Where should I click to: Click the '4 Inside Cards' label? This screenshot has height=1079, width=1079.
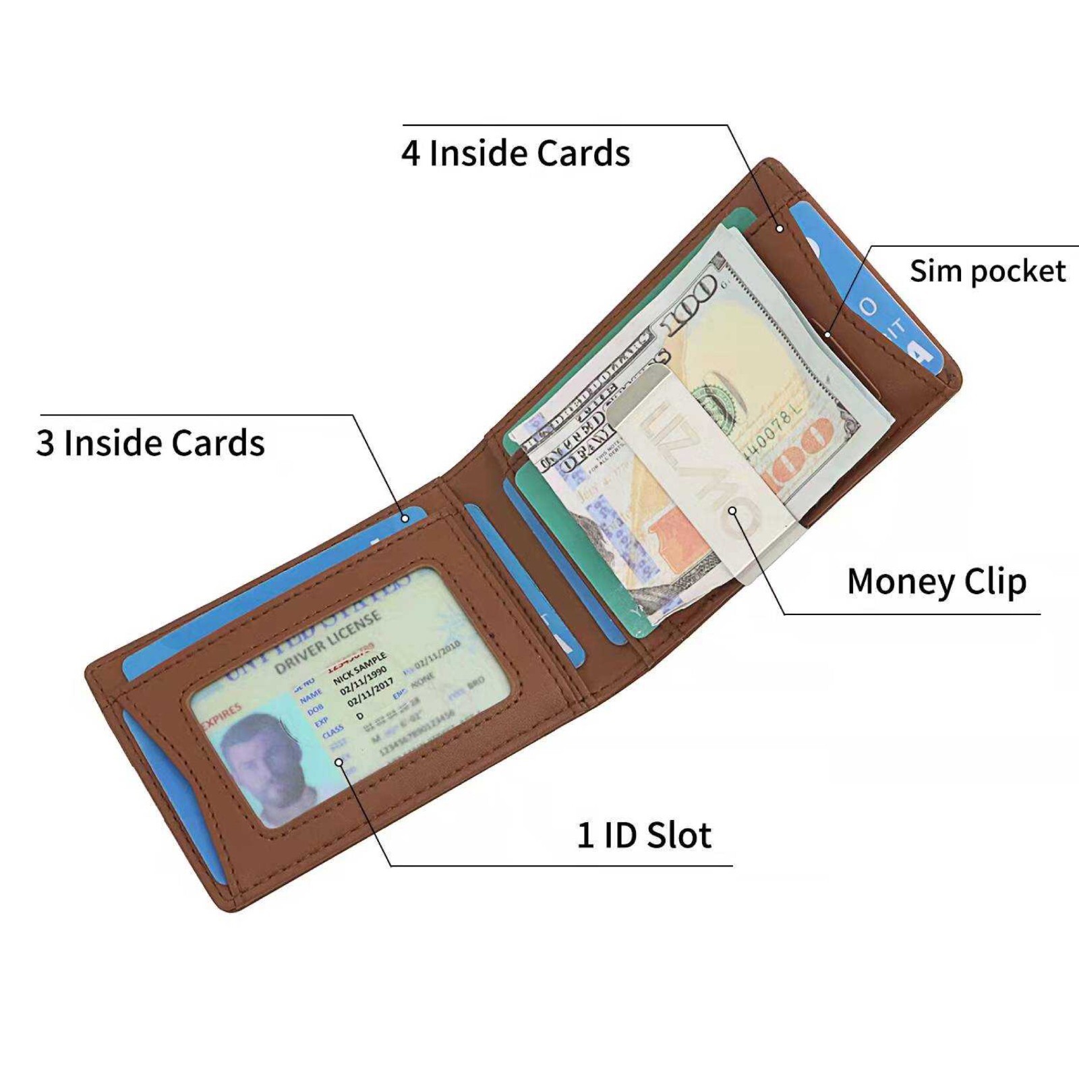tap(516, 153)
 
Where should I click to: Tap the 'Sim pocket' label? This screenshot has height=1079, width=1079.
tap(987, 272)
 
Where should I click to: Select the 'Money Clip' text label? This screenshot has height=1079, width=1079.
tap(937, 581)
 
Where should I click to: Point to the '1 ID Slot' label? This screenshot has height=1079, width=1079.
tap(644, 835)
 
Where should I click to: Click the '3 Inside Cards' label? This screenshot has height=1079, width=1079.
tap(150, 443)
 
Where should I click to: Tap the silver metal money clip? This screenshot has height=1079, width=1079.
tap(701, 472)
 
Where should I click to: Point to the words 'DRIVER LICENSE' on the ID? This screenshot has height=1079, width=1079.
tap(328, 644)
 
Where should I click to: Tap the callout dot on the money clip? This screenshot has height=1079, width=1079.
tap(733, 511)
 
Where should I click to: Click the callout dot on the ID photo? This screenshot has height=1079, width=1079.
tap(339, 762)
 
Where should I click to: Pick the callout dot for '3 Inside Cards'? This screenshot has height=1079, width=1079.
tap(405, 518)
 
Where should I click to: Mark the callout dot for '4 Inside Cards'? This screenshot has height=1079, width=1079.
tap(780, 229)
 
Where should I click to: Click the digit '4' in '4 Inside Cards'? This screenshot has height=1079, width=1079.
tap(411, 153)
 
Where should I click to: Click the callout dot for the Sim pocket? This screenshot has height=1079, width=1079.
tap(828, 334)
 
